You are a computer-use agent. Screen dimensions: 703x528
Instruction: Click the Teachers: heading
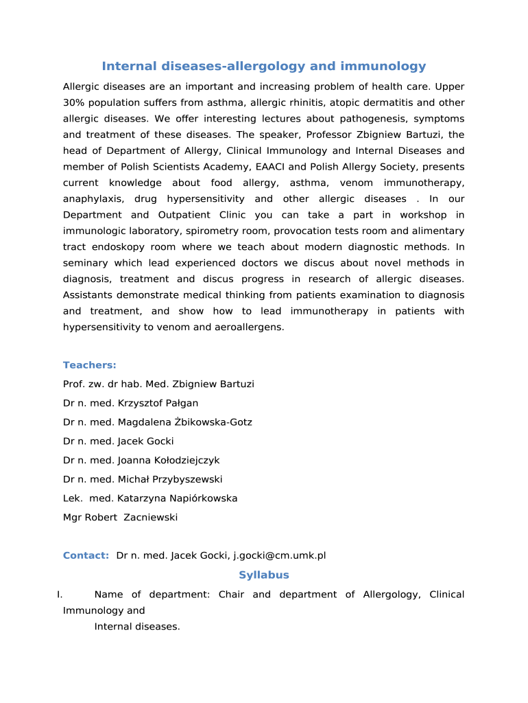pyautogui.click(x=90, y=365)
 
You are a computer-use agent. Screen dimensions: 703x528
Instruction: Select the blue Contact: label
pyautogui.click(x=86, y=555)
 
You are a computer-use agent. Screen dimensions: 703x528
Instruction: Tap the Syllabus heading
pyautogui.click(x=264, y=575)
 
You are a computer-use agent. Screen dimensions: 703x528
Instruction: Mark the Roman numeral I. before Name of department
pyautogui.click(x=60, y=595)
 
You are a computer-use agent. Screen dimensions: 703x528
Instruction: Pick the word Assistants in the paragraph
pyautogui.click(x=90, y=295)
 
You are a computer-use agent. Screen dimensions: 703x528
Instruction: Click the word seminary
pyautogui.click(x=86, y=263)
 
